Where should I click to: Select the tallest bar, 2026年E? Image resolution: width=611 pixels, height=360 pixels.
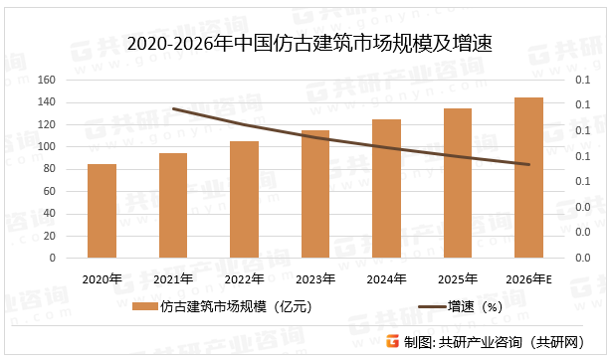tap(528, 178)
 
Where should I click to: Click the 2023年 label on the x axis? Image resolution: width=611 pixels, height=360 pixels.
tap(315, 278)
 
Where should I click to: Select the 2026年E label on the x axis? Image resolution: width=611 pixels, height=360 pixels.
tap(528, 278)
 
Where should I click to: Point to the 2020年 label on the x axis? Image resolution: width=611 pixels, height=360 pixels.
tap(102, 278)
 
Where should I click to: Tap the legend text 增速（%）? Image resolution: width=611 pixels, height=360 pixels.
tap(474, 307)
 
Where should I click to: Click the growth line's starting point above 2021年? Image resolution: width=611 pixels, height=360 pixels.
tap(173, 108)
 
